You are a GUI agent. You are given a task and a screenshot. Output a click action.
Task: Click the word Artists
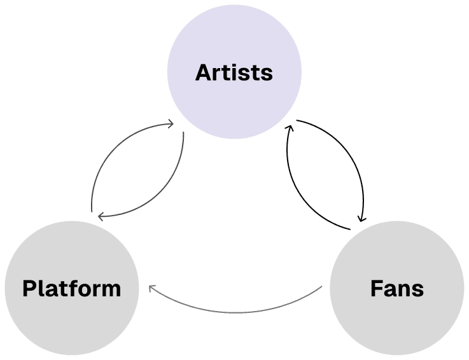pyautogui.click(x=234, y=73)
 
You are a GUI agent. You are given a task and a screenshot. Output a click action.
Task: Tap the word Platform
pyautogui.click(x=71, y=288)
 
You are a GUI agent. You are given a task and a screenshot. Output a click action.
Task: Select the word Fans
pyautogui.click(x=396, y=288)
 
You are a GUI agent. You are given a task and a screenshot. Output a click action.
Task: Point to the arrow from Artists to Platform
pyautogui.click(x=165, y=191)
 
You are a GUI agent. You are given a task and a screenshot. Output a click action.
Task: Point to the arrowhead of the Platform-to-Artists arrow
pyautogui.click(x=171, y=123)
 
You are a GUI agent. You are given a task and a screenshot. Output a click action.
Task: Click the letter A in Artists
pyautogui.click(x=203, y=73)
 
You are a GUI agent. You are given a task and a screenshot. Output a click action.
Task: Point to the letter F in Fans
pyautogui.click(x=376, y=288)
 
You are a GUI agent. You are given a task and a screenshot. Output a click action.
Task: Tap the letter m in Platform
pyautogui.click(x=111, y=290)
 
